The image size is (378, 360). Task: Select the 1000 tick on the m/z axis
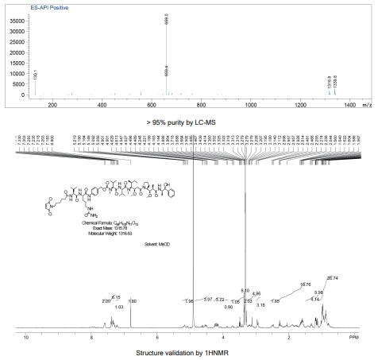coord(251,104)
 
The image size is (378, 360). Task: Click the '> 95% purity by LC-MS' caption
coord(188,124)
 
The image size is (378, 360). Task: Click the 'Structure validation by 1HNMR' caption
coord(188,352)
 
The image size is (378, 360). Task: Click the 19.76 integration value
coord(305,284)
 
